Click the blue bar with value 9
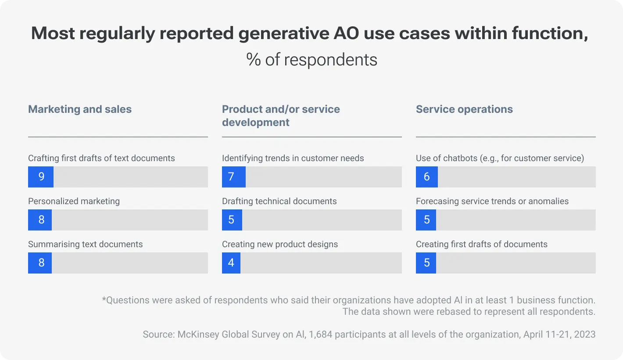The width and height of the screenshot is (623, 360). (41, 177)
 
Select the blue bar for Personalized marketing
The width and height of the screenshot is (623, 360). (40, 220)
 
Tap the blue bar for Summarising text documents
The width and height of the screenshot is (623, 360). (40, 263)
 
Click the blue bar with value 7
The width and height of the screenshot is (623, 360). (233, 177)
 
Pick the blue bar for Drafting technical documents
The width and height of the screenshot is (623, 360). (232, 220)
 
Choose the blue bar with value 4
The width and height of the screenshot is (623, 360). (231, 263)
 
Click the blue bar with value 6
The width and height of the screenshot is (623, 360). (426, 177)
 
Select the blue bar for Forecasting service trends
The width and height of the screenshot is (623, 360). (426, 220)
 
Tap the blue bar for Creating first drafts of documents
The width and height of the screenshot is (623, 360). (426, 263)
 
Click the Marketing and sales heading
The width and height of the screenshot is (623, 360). (80, 109)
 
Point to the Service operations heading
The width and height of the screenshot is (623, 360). (464, 109)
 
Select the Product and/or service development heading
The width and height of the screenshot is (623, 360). (281, 116)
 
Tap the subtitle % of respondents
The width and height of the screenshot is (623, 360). (311, 60)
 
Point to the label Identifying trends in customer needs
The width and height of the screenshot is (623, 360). (293, 158)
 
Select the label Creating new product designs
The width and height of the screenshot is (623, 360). (280, 244)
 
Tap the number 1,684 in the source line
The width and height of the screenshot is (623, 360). (322, 335)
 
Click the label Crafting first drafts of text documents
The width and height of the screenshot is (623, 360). (101, 158)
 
